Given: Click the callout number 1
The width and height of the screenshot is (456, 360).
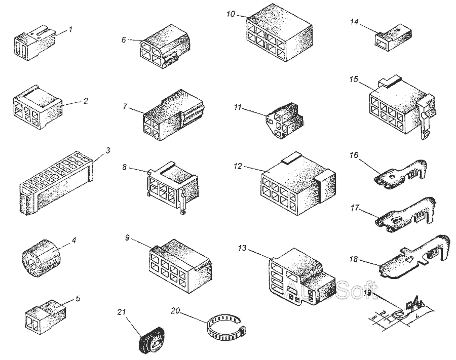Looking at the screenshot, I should pos(70,29).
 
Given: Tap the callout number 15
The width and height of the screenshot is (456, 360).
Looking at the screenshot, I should pos(354,79).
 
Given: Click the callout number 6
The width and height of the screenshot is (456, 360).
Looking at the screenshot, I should pos(124,39).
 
